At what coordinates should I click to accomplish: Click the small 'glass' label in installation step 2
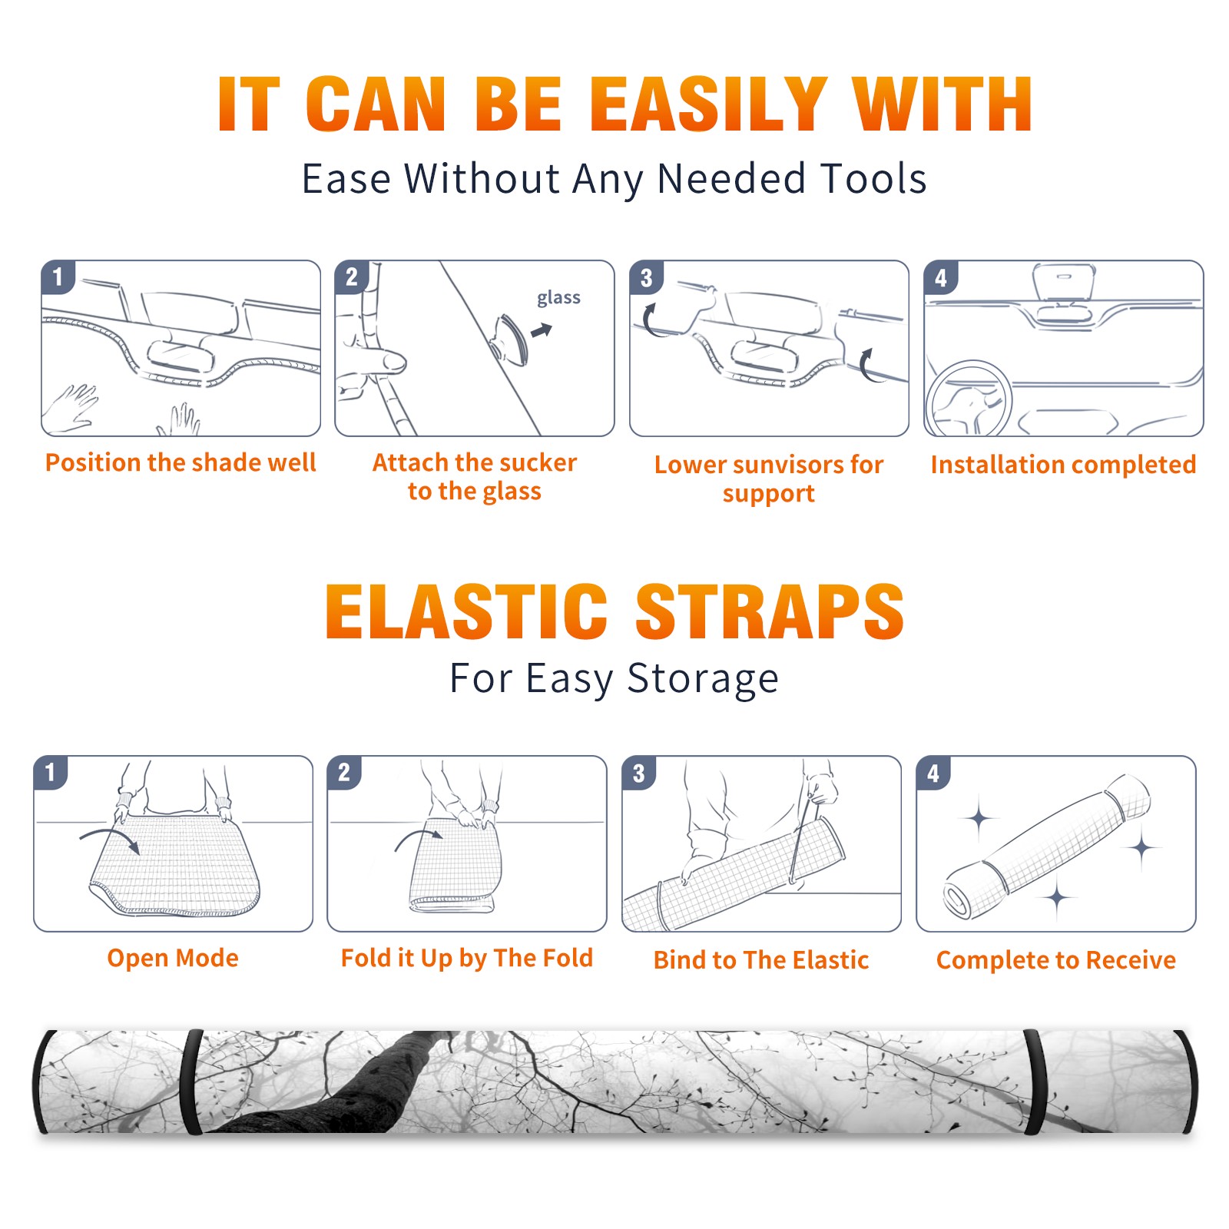click(x=558, y=298)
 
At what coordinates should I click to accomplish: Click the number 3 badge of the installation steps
click(x=646, y=277)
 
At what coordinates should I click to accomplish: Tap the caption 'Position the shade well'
click(x=181, y=462)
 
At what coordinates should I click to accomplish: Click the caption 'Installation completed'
click(x=1063, y=465)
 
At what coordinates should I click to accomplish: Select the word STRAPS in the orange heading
click(x=770, y=611)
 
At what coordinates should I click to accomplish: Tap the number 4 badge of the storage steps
click(x=933, y=773)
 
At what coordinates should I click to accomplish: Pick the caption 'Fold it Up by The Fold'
click(x=467, y=958)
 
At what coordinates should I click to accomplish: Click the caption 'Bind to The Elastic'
click(x=761, y=960)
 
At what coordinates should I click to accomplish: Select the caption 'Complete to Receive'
click(x=1056, y=960)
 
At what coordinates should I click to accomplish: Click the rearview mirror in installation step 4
click(x=1064, y=283)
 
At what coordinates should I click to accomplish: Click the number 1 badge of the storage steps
click(x=50, y=773)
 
